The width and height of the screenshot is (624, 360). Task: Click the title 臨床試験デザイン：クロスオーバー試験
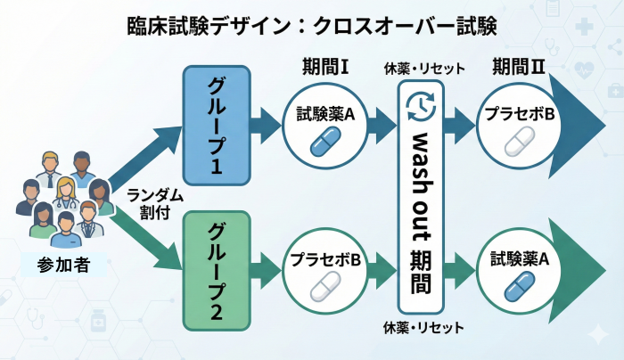click(x=312, y=25)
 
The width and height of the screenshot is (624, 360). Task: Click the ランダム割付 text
click(x=148, y=204)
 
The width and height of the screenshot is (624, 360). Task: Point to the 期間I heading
click(x=326, y=69)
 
